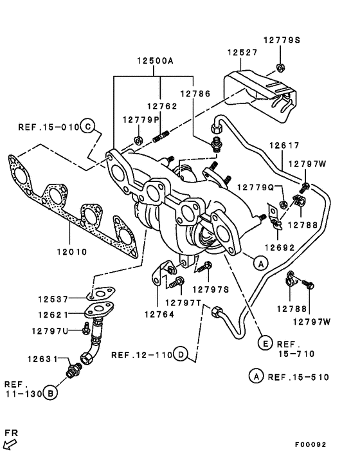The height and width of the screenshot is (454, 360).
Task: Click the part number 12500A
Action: [x=154, y=61]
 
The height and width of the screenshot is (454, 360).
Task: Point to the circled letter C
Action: [x=88, y=126]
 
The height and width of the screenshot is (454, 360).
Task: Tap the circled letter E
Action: [x=265, y=344]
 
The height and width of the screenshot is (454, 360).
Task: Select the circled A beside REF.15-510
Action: [x=256, y=377]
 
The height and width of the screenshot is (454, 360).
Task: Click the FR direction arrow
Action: [x=11, y=442]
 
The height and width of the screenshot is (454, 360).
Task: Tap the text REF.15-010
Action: [x=48, y=127]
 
